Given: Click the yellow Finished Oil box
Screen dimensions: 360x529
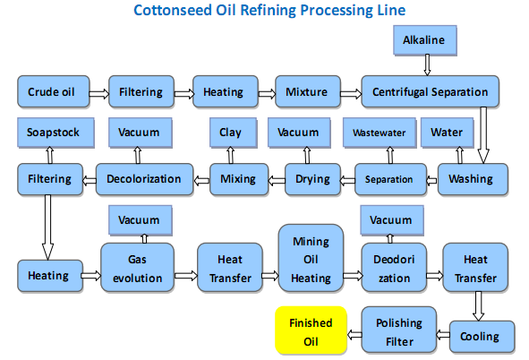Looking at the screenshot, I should tap(310, 331).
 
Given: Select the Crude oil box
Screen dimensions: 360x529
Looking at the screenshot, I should tap(50, 91).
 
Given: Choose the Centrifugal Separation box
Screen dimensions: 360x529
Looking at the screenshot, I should tap(430, 91).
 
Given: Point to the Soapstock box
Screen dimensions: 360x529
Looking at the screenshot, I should tap(53, 133).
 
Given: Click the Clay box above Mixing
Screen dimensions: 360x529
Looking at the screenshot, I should tap(230, 133).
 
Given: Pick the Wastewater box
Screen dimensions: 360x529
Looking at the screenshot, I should tap(378, 133).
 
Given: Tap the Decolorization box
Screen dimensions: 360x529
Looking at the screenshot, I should tap(144, 179).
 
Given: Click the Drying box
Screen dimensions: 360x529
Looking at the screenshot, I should tap(313, 179).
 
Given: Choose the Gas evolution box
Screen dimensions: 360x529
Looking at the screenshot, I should tap(139, 268).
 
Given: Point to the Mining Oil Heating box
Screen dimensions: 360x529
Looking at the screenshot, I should tap(311, 261).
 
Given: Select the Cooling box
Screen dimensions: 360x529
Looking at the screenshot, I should tap(480, 337).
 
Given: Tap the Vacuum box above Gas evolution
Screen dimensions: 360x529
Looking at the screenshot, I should tap(139, 220).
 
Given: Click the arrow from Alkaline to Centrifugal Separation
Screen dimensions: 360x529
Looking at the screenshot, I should tap(428, 64).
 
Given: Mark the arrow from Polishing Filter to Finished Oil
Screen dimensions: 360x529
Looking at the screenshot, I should tap(353, 336).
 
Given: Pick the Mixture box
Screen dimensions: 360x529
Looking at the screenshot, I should tap(307, 91).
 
